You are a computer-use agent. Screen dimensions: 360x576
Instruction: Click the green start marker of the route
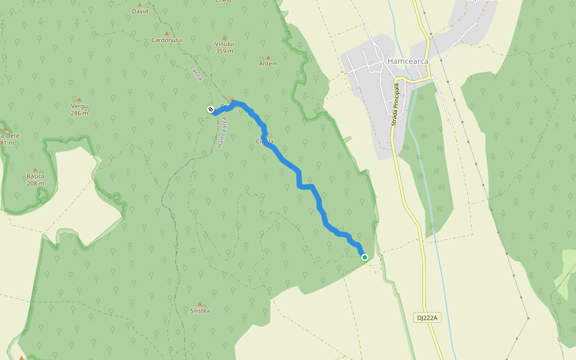tap(364, 257)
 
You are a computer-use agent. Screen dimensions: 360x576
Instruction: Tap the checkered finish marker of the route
tap(211, 109)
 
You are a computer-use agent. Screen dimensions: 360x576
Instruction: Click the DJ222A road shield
tap(427, 317)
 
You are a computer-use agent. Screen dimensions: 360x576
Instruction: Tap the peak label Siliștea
tap(200, 311)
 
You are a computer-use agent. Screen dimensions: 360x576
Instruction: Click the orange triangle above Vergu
tap(79, 100)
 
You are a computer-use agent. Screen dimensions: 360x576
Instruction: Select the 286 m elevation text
tap(79, 113)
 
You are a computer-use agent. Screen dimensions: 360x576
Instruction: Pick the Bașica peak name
tap(36, 176)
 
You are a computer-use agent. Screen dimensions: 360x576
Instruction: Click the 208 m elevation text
tap(36, 183)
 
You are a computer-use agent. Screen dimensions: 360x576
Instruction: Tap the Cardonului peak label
tap(167, 40)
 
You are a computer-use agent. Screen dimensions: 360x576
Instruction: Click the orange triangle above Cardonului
tap(167, 34)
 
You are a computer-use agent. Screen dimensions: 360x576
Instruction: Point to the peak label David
tap(140, 11)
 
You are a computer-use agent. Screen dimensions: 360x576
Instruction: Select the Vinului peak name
tap(224, 44)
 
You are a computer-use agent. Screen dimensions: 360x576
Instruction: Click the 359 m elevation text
tap(224, 51)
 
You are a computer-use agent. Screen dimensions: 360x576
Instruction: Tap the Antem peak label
tap(268, 64)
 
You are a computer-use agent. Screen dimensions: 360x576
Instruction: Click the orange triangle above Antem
tap(268, 58)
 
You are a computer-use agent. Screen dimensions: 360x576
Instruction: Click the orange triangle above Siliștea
tap(200, 304)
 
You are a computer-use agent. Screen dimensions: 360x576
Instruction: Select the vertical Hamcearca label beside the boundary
tap(223, 133)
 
